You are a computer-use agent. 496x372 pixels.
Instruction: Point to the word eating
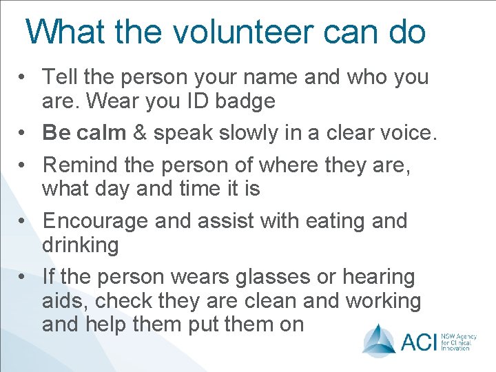click(322, 221)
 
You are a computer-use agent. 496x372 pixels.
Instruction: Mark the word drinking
click(80, 245)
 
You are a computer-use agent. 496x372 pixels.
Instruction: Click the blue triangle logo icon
click(379, 339)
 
